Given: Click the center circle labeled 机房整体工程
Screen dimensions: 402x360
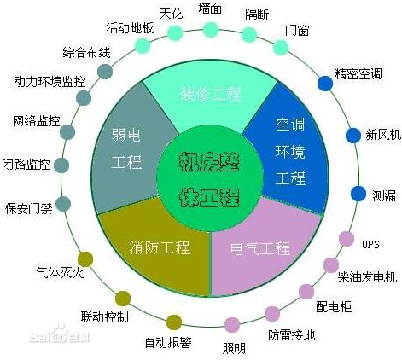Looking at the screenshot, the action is coord(210,178).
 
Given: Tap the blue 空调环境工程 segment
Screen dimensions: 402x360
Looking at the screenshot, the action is coord(290,151).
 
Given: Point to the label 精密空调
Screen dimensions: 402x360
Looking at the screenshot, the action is coord(358,74).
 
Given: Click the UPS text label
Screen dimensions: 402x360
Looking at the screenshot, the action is coord(370,244).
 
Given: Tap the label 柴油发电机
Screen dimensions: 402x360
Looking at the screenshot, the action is coord(367,276).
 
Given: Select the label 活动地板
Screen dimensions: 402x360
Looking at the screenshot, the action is coord(130,28).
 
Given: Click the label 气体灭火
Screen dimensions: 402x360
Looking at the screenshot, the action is coord(61,272).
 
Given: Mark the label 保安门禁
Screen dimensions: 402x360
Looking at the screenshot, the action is coord(29,209).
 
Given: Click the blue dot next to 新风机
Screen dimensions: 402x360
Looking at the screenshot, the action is coord(353,136).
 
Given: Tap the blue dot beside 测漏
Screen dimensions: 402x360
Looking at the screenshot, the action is coord(358,194).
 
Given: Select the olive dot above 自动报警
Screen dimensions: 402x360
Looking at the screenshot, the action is coord(174,322).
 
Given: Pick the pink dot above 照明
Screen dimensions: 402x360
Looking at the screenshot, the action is coord(232,325).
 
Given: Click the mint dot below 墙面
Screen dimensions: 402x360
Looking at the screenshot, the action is coord(211,30).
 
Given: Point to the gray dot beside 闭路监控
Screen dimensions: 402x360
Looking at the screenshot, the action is coord(61,165).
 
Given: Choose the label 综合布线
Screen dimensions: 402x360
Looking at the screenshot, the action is coord(86,53).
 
